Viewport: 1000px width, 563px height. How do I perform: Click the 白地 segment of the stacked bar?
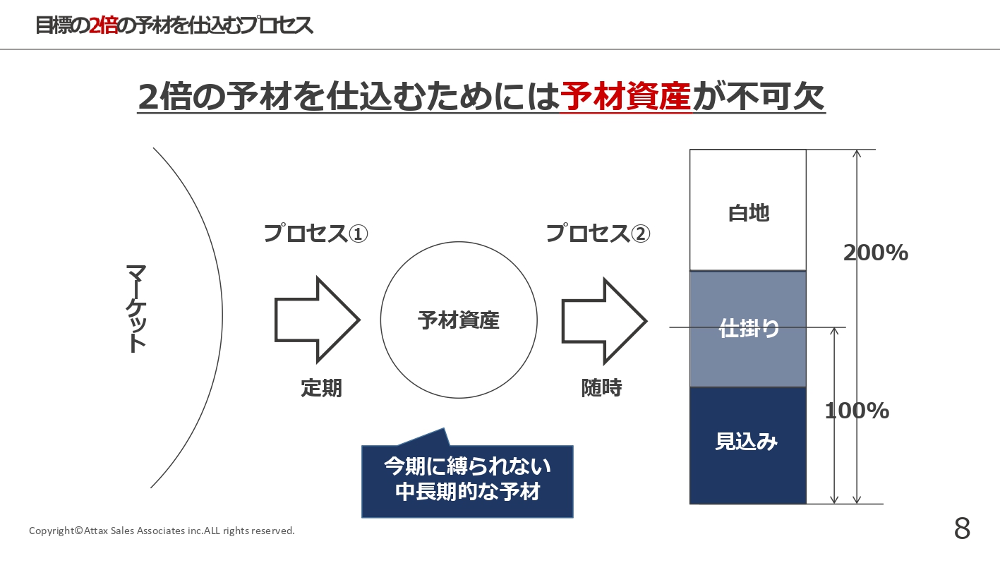(x=748, y=211)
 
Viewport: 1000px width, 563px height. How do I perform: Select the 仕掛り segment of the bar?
(x=748, y=329)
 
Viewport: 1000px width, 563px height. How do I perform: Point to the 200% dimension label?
(x=876, y=253)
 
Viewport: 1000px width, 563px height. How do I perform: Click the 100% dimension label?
(x=857, y=411)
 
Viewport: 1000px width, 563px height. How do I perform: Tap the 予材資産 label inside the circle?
(x=459, y=321)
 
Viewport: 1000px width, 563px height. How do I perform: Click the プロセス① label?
(x=316, y=234)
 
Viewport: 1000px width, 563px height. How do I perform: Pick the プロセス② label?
(x=598, y=234)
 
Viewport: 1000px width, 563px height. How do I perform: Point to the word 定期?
(x=321, y=387)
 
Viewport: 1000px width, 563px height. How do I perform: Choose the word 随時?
(x=602, y=387)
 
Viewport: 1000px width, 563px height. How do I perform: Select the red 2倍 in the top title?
(x=104, y=25)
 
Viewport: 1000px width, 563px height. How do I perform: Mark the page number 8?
(x=962, y=528)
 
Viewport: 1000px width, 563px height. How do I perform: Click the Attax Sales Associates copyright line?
(x=162, y=531)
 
